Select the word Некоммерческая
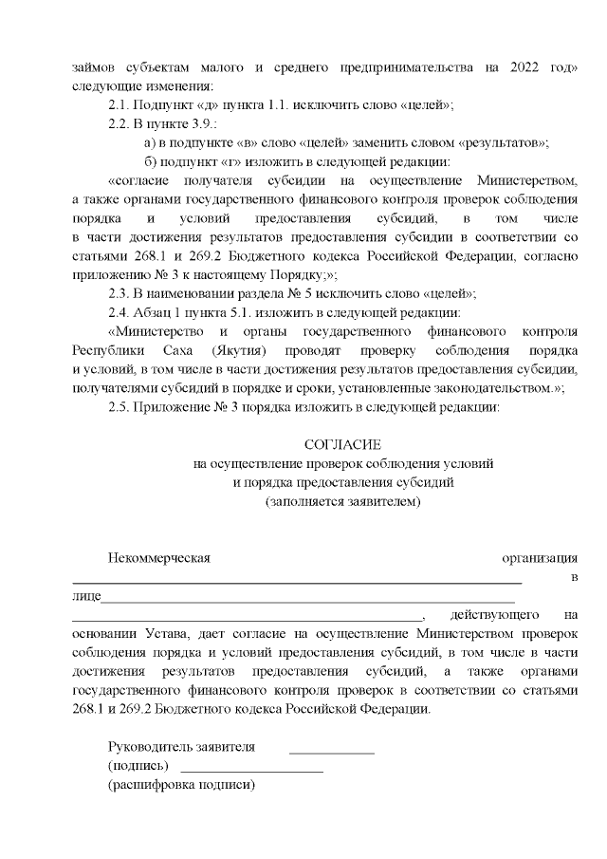tap(158, 558)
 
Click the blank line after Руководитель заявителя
tap(331, 751)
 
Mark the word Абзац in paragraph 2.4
tap(167, 312)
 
